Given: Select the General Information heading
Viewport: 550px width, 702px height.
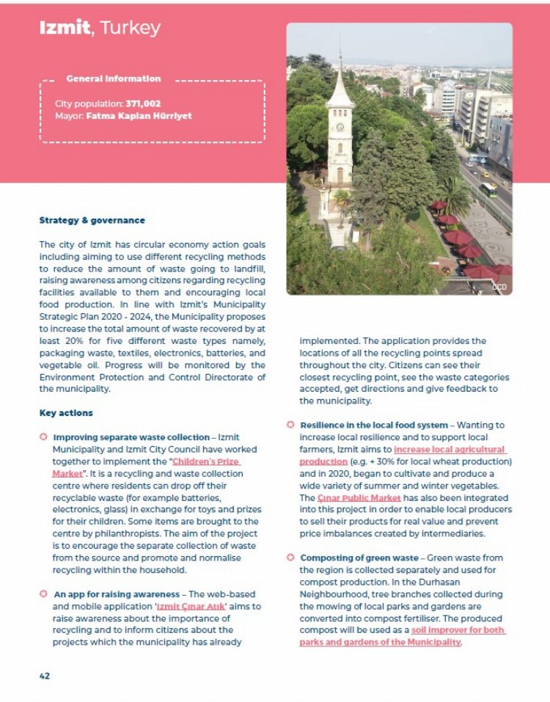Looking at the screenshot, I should click(x=113, y=78).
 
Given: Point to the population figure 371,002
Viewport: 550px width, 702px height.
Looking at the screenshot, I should click(x=143, y=104).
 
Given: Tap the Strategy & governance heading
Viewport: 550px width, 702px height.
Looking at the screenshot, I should click(x=92, y=220).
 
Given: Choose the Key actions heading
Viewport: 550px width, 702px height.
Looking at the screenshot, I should click(x=66, y=413).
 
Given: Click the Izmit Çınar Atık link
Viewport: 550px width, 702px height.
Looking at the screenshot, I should click(x=199, y=607).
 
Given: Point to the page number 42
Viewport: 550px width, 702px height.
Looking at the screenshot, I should click(x=45, y=676).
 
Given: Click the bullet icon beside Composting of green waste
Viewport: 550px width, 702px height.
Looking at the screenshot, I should click(x=290, y=557).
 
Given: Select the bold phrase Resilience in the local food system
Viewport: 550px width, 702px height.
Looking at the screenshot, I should click(x=374, y=425).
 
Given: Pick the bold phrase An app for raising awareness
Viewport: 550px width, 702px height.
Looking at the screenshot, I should click(x=116, y=594).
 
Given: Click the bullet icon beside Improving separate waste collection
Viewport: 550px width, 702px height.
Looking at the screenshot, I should click(x=43, y=437).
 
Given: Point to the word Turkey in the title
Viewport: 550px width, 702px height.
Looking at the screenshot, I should click(x=129, y=29).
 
